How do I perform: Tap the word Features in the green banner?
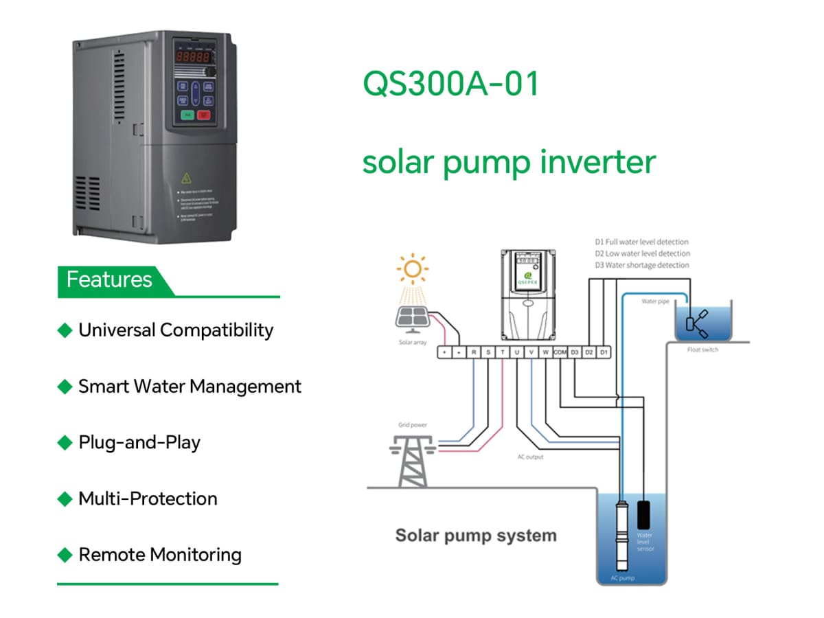(109, 279)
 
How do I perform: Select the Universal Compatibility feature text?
(176, 330)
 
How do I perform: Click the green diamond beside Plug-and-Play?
(65, 443)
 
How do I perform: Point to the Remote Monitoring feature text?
(160, 555)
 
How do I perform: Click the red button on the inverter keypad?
(204, 115)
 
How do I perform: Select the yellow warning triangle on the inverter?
(185, 179)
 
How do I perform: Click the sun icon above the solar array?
(413, 270)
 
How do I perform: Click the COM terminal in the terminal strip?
(560, 352)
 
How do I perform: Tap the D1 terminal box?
(603, 352)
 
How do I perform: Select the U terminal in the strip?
(516, 352)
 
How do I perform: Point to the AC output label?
(530, 457)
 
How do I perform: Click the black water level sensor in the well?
(645, 514)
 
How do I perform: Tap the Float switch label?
(702, 350)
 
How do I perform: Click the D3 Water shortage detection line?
(641, 265)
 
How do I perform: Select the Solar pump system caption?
(476, 536)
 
